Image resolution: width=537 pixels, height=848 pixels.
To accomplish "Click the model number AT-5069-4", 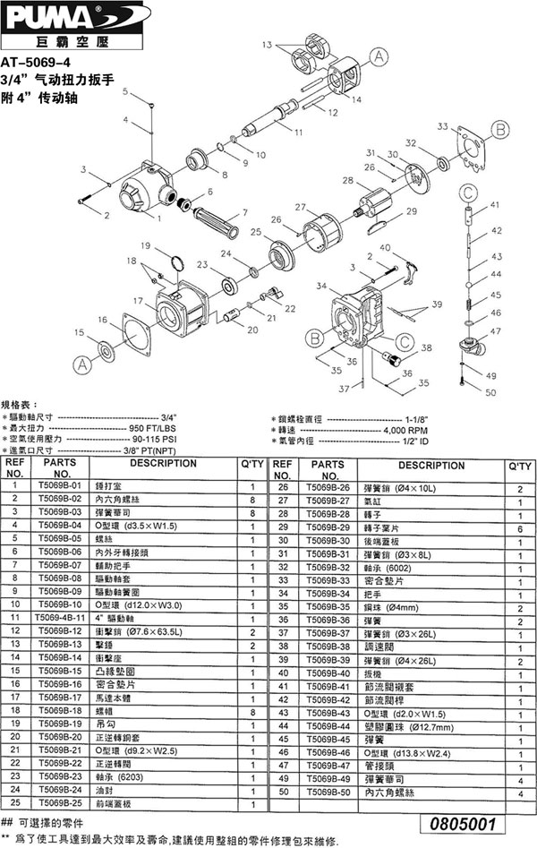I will (x=37, y=64).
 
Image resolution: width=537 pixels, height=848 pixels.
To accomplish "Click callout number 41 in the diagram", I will (x=493, y=207).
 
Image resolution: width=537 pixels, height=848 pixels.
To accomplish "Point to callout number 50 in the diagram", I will (x=490, y=391).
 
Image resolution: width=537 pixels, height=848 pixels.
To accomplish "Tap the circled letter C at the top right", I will (x=468, y=191).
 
